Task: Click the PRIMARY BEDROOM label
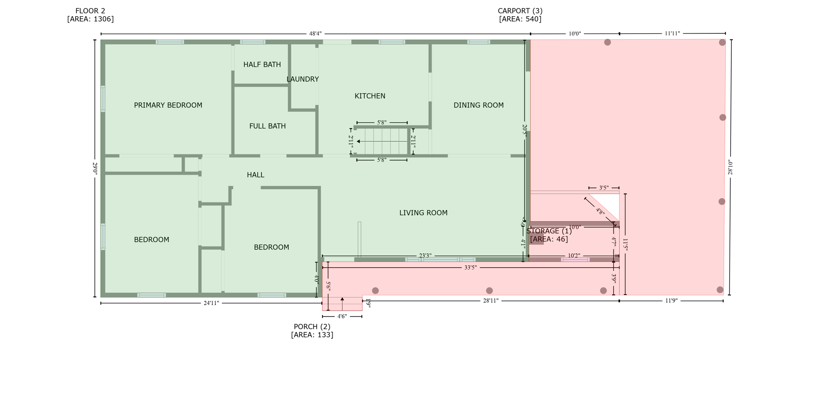click(x=168, y=105)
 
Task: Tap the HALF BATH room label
click(x=262, y=64)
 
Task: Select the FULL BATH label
click(x=267, y=126)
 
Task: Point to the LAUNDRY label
click(x=302, y=79)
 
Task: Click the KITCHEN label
click(x=370, y=96)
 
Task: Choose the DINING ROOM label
click(x=479, y=105)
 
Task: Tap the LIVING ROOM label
click(x=423, y=213)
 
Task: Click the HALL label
click(x=255, y=175)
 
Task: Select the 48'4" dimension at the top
click(x=315, y=34)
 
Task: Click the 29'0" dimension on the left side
click(x=95, y=168)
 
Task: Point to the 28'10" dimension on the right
click(x=730, y=167)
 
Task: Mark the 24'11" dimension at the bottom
click(x=211, y=303)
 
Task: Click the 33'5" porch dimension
click(x=470, y=268)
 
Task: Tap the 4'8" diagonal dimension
click(x=600, y=212)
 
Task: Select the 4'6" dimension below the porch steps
click(x=342, y=316)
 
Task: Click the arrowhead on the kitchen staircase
click(x=358, y=141)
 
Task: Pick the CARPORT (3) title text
click(x=520, y=11)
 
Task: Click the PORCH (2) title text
click(x=312, y=326)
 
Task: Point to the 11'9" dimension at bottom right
click(x=671, y=301)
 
